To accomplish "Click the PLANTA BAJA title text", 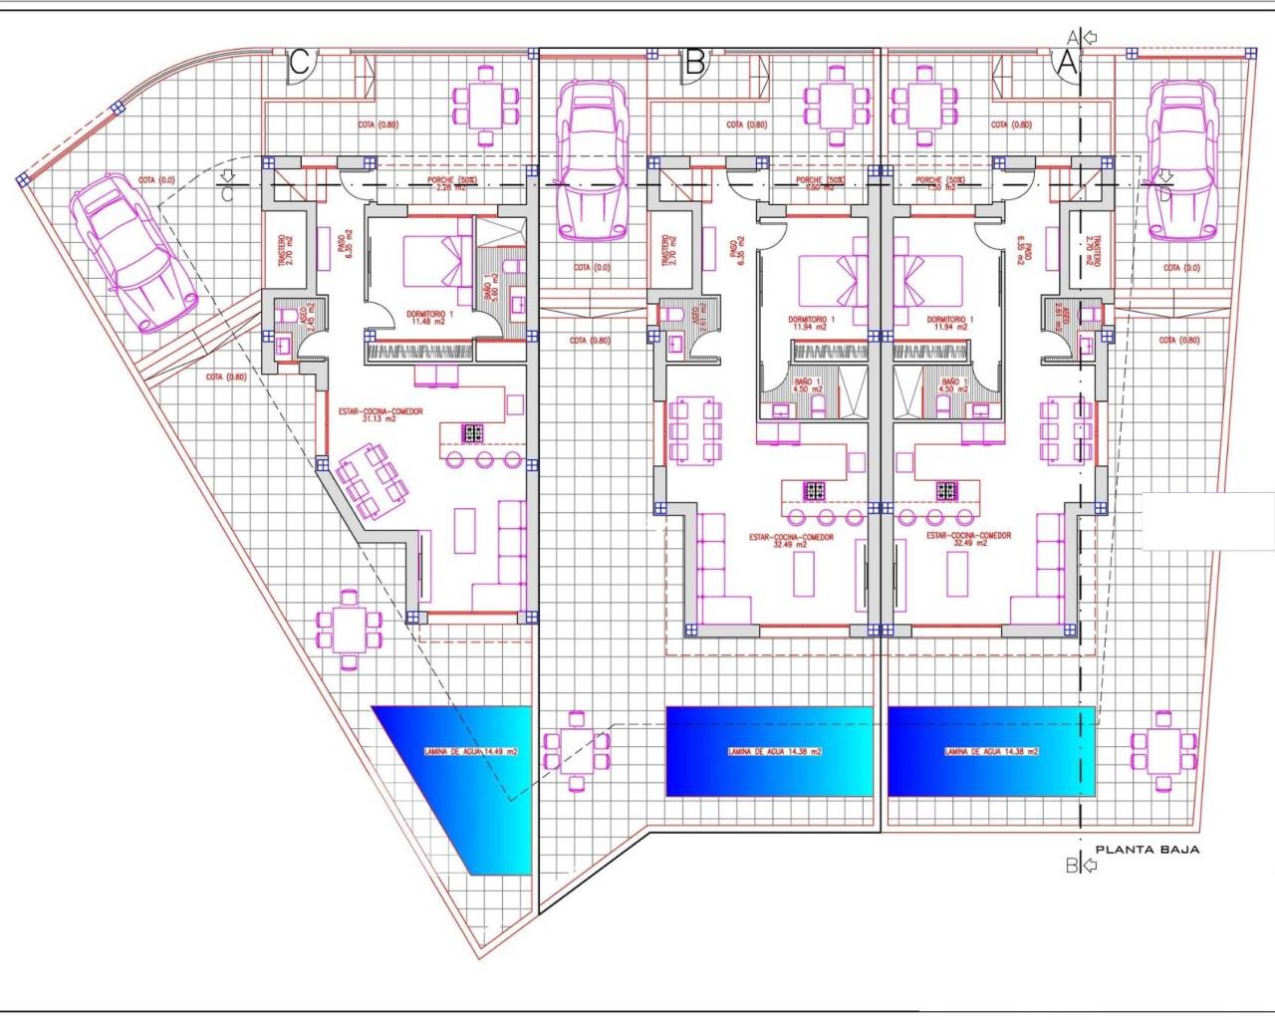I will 1147,850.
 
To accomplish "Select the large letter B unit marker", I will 695,63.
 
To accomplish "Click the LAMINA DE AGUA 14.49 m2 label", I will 469,752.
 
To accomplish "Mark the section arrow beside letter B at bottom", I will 1089,866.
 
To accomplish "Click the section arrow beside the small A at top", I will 1090,38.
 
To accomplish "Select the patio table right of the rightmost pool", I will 1161,748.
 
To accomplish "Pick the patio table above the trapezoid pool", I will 348,630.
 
